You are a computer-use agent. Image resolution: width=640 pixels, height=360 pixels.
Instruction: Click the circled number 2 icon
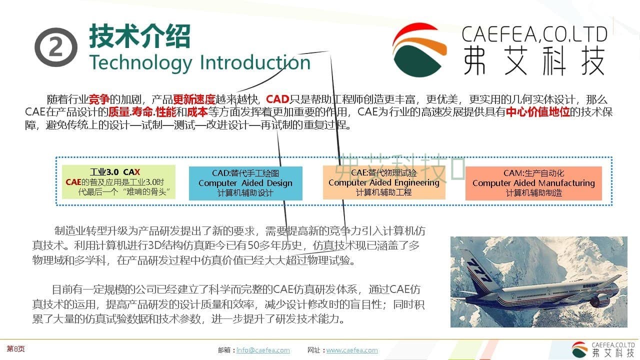pos(56,47)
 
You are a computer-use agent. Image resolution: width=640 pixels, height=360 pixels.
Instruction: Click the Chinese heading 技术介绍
pos(139,36)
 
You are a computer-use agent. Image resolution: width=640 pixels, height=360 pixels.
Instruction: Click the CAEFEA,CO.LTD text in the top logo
pos(534,34)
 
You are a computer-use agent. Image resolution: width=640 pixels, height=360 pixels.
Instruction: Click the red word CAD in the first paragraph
pos(277,99)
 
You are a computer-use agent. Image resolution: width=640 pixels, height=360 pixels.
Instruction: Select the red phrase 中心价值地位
pos(537,111)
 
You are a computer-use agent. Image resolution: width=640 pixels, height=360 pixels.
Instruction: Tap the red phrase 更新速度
pos(194,99)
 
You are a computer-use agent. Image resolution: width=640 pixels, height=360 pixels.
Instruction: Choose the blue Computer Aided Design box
pos(245,183)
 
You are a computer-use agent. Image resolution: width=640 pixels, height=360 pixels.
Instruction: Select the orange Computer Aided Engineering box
pos(383,182)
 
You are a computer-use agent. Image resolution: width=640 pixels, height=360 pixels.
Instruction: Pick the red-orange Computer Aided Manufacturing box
pos(533,183)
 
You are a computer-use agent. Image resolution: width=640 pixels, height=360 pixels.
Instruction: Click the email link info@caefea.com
pos(263,350)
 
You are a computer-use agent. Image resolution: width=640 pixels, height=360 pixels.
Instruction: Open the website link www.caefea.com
pos(352,350)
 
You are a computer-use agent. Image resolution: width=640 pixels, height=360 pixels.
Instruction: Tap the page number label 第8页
pos(15,348)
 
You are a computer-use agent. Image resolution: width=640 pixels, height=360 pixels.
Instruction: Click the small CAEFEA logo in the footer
pos(580,349)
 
